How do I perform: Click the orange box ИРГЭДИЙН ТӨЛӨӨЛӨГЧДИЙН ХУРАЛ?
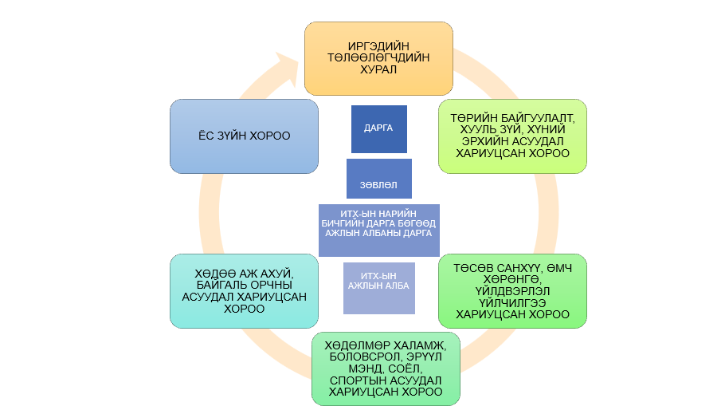pos(378,59)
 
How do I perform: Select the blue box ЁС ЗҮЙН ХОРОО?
pos(245,136)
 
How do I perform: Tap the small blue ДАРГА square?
pos(378,128)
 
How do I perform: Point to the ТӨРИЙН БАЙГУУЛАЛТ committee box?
pos(512,136)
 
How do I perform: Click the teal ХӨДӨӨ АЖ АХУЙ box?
pos(245,291)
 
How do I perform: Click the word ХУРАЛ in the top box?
pos(378,70)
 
